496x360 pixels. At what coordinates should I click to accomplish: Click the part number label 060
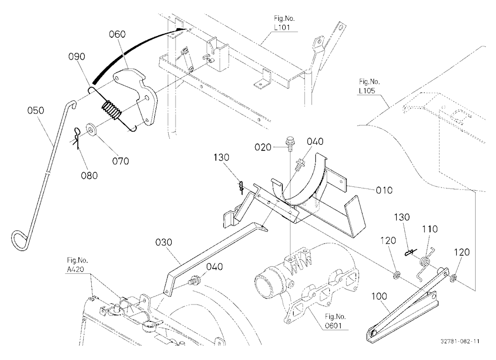pos(118,34)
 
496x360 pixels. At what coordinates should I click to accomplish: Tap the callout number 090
pos(77,57)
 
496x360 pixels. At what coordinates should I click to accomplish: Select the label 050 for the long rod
pos(36,111)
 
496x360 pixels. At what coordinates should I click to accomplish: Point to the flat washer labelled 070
pos(92,129)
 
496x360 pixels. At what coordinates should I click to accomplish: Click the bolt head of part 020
pos(289,139)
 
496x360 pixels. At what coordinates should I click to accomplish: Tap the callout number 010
pos(384,190)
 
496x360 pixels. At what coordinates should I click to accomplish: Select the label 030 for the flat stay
pos(164,242)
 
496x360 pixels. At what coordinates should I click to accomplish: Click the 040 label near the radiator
pos(214,267)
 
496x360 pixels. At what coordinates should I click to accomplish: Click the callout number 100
pos(379,297)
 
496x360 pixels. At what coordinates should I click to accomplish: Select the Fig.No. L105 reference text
pos(370,86)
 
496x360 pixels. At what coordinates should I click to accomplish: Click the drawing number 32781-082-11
pos(460,341)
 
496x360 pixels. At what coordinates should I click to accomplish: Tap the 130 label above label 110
pos(402,217)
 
